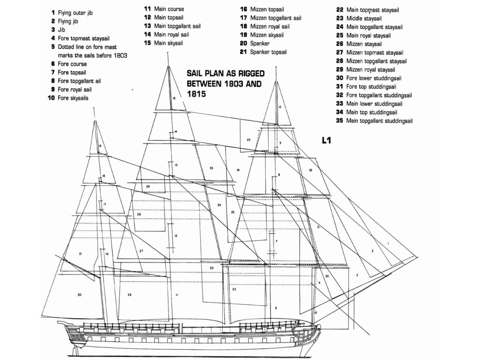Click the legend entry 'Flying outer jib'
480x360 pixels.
(75, 13)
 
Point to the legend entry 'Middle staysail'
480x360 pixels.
(365, 18)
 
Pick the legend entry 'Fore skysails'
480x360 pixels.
(73, 98)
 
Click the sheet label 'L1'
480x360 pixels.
(327, 140)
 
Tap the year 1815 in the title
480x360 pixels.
(195, 94)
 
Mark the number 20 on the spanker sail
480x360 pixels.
(80, 295)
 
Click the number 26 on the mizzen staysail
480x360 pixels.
(129, 295)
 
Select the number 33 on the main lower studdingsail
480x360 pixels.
(233, 290)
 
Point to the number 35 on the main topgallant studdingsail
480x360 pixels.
(211, 168)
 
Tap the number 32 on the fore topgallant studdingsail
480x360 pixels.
(310, 170)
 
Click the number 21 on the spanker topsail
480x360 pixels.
(81, 254)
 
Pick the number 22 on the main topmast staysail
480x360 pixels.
(212, 268)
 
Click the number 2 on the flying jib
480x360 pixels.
(373, 251)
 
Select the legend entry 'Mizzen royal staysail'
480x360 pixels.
(373, 69)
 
